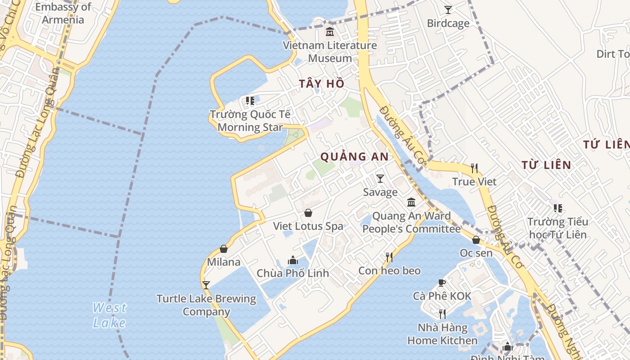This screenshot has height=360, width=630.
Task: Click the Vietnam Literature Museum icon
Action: coord(330,32)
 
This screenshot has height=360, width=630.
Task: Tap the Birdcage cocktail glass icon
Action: coord(448,9)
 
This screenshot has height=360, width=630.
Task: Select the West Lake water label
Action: coord(109,315)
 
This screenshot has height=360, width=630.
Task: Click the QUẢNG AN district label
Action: coord(354,157)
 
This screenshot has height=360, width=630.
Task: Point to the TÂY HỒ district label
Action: coord(322,84)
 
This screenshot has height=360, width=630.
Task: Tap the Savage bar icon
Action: coord(380,179)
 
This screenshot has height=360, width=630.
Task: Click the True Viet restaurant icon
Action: coord(474,168)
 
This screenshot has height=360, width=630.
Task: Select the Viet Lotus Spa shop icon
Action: coord(308,213)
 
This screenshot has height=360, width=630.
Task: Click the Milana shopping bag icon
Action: coord(224,249)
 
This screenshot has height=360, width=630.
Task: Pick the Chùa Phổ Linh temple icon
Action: coord(293,260)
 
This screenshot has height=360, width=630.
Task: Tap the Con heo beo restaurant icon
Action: coord(389,257)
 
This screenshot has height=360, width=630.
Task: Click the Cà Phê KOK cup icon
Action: coord(442,283)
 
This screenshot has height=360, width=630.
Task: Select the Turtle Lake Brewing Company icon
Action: coord(206,285)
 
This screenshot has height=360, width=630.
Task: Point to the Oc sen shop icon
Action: coord(476,240)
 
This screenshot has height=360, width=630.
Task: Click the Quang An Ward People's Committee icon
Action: coord(411,202)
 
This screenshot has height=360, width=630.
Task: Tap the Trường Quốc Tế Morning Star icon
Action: coord(250,101)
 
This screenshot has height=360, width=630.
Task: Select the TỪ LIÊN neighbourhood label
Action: coord(547,165)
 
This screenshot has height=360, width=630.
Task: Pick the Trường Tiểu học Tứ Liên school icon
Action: coord(558,208)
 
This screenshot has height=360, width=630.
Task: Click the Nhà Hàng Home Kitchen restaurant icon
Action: coord(442,314)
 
